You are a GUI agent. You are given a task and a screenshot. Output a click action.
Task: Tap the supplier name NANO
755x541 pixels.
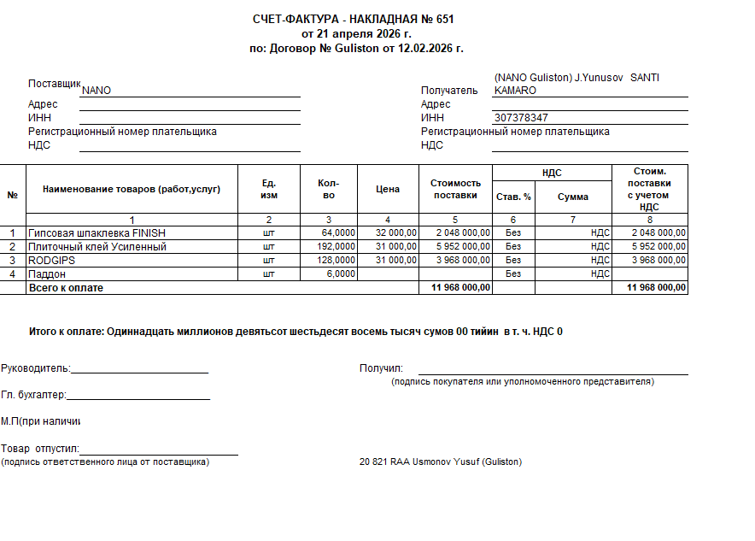[97, 91]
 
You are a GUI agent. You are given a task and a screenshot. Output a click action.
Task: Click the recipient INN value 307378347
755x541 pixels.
[521, 118]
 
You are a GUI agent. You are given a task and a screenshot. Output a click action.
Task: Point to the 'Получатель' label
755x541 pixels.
[449, 91]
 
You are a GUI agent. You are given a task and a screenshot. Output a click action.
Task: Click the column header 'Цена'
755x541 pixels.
[388, 189]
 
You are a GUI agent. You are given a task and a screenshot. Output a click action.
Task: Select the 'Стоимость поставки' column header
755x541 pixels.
[455, 189]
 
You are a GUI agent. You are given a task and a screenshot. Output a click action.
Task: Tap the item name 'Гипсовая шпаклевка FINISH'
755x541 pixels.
[97, 233]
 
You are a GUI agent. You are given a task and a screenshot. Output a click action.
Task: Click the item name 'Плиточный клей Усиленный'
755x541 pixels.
[97, 247]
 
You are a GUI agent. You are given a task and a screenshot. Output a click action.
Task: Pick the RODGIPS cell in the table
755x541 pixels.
[53, 261]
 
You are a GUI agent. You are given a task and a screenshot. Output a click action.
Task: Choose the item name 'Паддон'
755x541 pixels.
[47, 274]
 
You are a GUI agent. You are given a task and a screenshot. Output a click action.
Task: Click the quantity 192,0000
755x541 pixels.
[338, 247]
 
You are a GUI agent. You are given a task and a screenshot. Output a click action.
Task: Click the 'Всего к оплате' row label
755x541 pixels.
[66, 288]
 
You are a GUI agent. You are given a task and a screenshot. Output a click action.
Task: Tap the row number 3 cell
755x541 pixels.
[13, 261]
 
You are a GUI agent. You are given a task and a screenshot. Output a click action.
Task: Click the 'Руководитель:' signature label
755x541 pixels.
[35, 369]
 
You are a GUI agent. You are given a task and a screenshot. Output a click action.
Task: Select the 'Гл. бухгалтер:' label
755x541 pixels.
[33, 395]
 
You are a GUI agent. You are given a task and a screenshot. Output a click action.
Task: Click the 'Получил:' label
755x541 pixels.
[381, 368]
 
